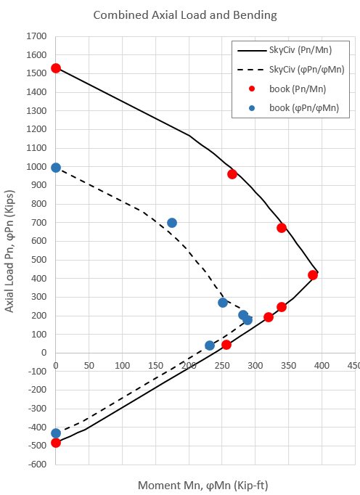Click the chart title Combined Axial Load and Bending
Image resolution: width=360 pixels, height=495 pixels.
click(180, 15)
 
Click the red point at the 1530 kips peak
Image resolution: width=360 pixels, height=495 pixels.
click(56, 68)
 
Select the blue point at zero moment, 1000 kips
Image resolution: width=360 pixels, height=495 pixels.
click(56, 168)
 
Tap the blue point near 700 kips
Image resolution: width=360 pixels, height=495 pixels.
click(172, 223)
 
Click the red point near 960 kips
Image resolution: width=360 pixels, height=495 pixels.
click(232, 174)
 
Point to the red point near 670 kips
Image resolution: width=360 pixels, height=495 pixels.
click(282, 228)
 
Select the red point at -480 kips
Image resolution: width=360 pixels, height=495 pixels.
click(56, 442)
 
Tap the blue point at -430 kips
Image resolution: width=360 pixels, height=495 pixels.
click(56, 433)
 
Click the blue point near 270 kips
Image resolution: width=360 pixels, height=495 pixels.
click(223, 303)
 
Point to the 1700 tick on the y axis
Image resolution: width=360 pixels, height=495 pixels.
click(36, 36)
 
